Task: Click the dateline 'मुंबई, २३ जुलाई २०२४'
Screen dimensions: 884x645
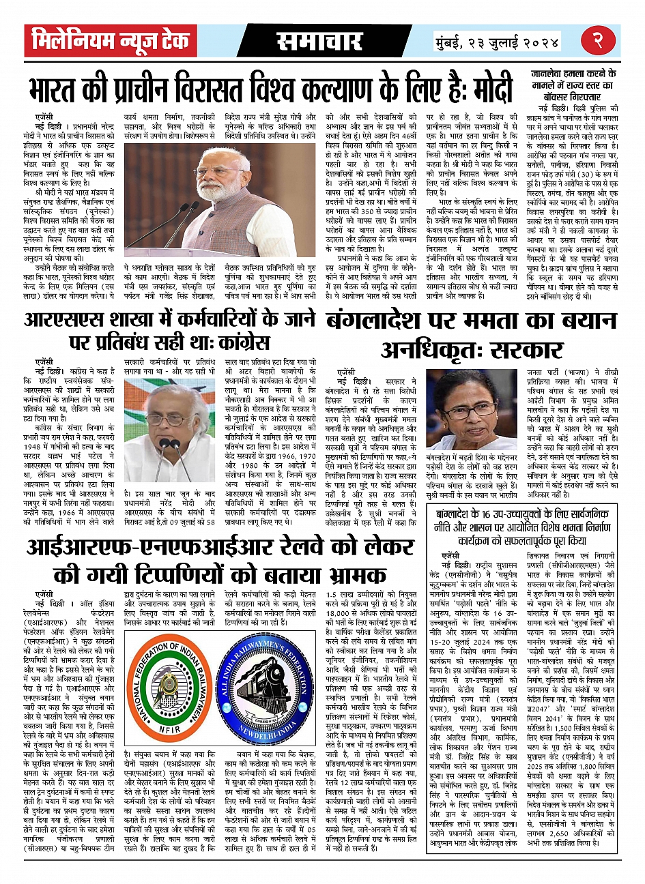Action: pyautogui.click(x=498, y=43)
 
